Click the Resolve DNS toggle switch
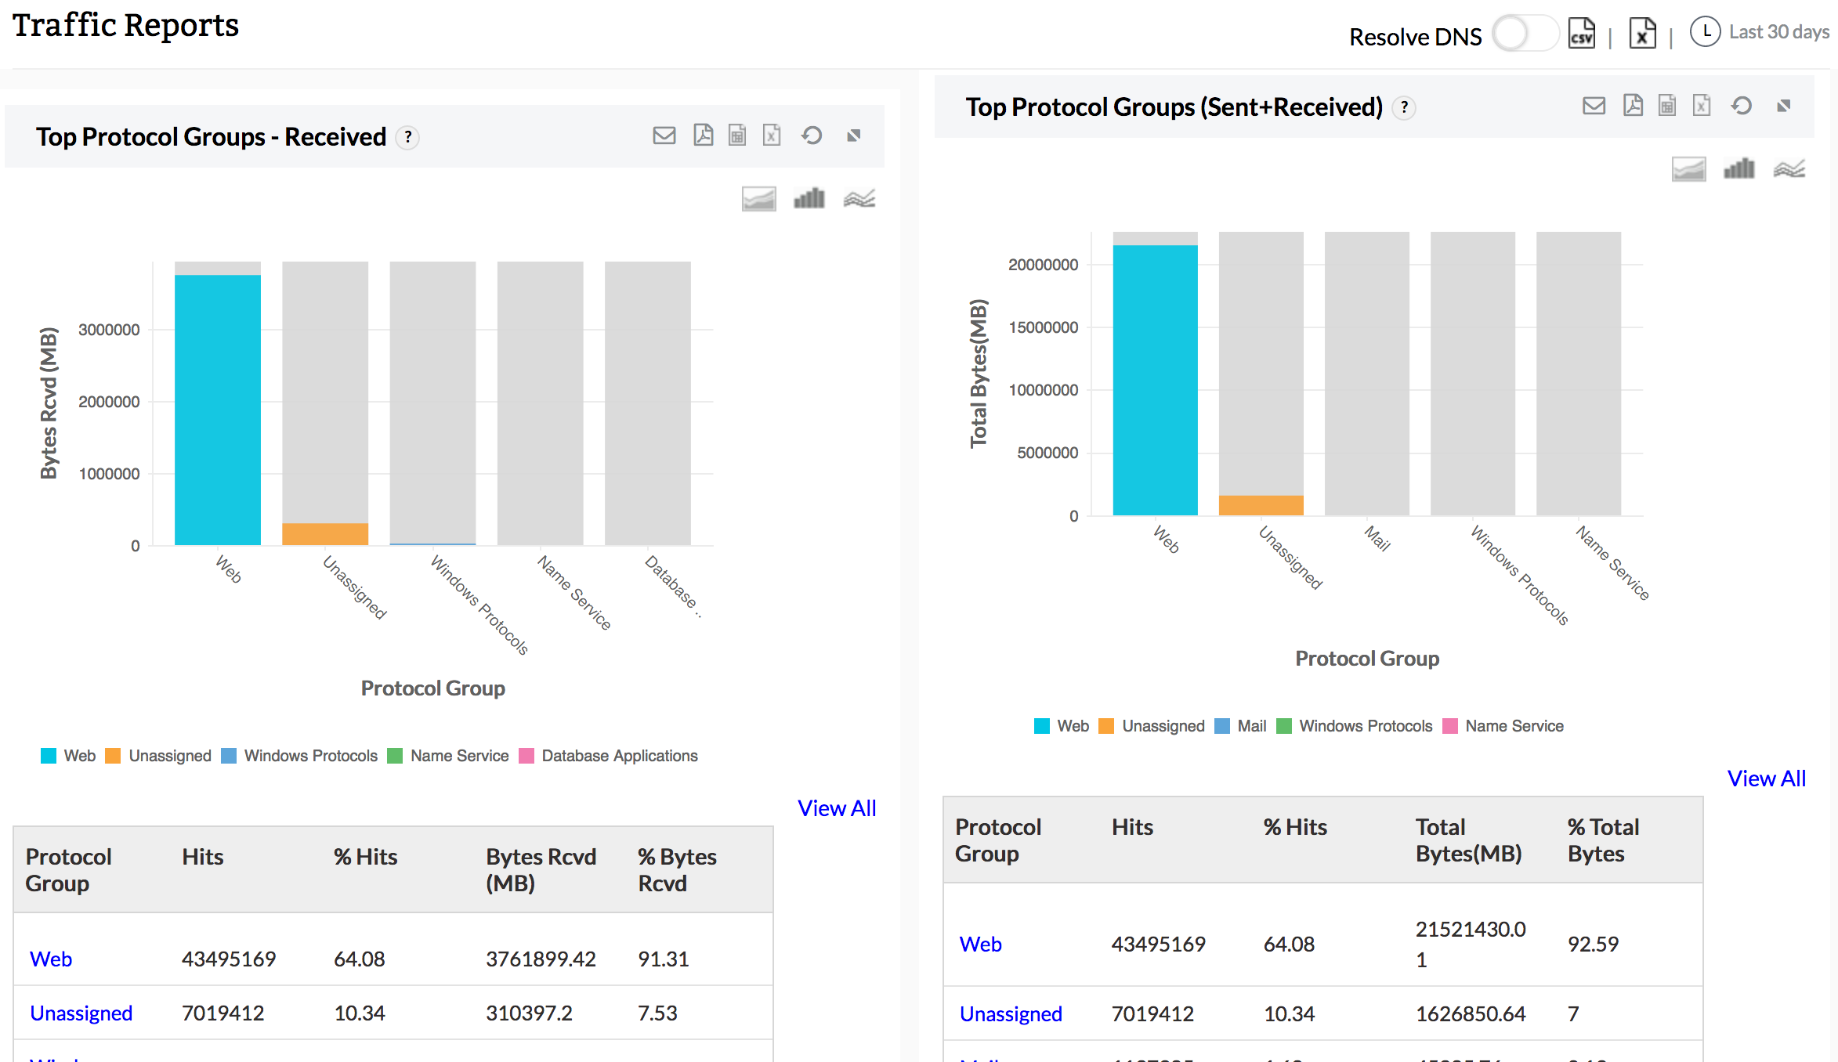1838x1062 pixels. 1524,34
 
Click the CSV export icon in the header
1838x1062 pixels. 1581,34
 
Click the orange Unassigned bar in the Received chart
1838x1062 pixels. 325,534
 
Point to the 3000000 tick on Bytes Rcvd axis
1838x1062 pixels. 109,330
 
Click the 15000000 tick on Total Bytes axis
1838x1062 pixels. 1043,327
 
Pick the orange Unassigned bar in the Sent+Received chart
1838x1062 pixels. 1261,505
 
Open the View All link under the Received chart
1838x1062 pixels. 837,808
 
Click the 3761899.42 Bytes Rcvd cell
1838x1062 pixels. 541,959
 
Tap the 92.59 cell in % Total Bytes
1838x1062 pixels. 1593,944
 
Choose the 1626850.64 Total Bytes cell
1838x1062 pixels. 1471,1013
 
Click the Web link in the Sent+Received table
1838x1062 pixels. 980,944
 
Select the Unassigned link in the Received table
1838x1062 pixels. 81,1013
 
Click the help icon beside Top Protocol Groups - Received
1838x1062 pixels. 407,137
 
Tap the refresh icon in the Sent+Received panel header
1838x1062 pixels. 1742,106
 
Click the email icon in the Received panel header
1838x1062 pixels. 664,135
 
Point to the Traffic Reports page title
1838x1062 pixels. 125,25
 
